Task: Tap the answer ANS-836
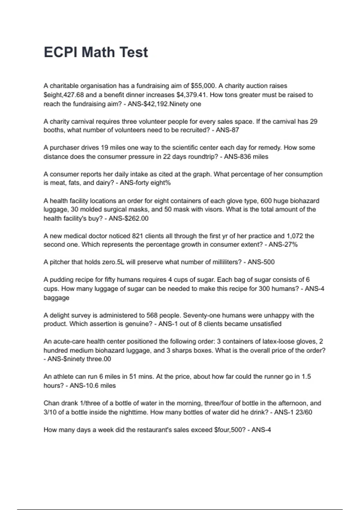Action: click(241, 157)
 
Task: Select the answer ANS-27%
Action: click(283, 244)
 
